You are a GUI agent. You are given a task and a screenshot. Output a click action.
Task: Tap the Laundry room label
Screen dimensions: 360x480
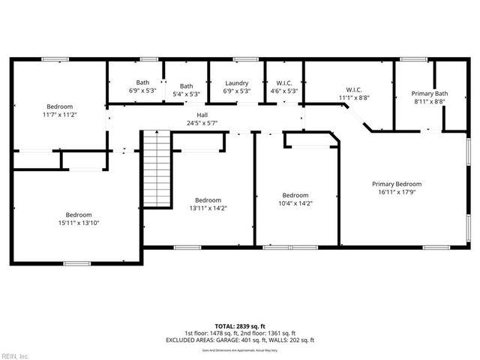coord(236,83)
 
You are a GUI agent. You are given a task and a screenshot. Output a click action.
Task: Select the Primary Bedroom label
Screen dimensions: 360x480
coord(397,184)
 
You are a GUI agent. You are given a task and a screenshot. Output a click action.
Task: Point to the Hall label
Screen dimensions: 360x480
coord(202,115)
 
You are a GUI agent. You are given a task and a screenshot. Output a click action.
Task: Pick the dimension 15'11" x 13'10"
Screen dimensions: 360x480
coord(78,222)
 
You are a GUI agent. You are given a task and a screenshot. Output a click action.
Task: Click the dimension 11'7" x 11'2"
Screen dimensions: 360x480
coord(60,115)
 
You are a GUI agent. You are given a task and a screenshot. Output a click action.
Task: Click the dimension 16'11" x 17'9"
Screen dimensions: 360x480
coord(397,192)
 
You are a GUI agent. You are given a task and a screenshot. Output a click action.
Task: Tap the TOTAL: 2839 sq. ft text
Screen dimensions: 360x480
coord(240,326)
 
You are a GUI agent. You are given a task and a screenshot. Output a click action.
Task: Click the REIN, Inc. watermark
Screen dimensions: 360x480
coord(15,355)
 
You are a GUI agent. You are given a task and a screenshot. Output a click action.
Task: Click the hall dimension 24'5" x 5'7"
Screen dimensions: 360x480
coord(202,123)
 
